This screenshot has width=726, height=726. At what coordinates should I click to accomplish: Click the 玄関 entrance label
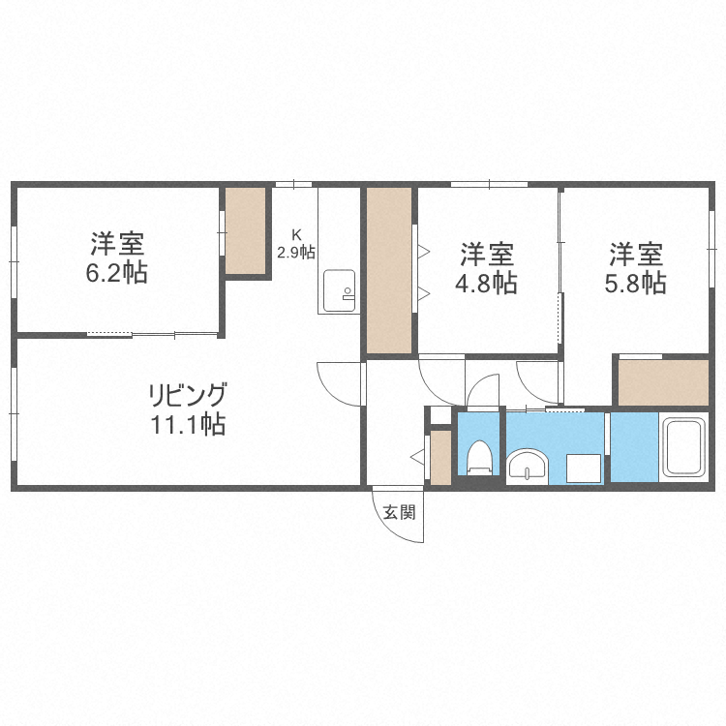point(398,512)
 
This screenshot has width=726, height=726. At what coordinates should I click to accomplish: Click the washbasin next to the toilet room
point(528,465)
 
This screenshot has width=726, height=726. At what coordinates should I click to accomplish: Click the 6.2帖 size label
point(116,274)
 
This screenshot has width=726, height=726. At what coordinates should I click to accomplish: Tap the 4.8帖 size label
point(487,284)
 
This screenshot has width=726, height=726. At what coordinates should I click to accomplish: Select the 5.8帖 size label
point(636,283)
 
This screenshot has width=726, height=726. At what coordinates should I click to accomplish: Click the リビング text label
point(187,395)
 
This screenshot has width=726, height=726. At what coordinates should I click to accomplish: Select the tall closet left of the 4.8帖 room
point(390,271)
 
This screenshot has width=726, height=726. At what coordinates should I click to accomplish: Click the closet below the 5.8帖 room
point(663,382)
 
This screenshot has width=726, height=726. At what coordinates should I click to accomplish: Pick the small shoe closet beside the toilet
point(440,457)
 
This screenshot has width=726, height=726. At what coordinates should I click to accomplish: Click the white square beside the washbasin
point(584,469)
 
